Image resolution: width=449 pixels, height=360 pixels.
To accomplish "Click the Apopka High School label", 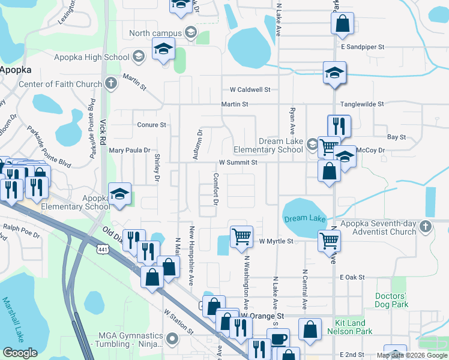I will (95, 58).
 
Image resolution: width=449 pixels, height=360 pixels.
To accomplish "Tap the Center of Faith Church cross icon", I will (110, 84).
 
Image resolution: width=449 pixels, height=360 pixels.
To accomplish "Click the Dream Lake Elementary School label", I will (281, 145).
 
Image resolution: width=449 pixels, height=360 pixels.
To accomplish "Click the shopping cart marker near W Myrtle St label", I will (241, 236).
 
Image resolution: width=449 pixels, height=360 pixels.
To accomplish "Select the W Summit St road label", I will (238, 163).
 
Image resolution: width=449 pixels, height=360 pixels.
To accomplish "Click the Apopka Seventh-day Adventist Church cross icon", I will (426, 227).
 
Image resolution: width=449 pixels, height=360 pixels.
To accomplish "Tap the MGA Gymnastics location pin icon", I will (173, 340).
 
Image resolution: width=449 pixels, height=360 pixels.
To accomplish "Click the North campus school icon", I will (191, 32).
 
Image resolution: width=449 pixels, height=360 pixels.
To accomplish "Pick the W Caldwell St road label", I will (250, 90).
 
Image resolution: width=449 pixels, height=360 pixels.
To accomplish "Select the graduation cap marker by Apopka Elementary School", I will (119, 194).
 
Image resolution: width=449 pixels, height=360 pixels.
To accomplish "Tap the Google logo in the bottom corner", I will (20, 353).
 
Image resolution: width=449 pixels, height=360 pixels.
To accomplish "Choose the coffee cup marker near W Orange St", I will (279, 338).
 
